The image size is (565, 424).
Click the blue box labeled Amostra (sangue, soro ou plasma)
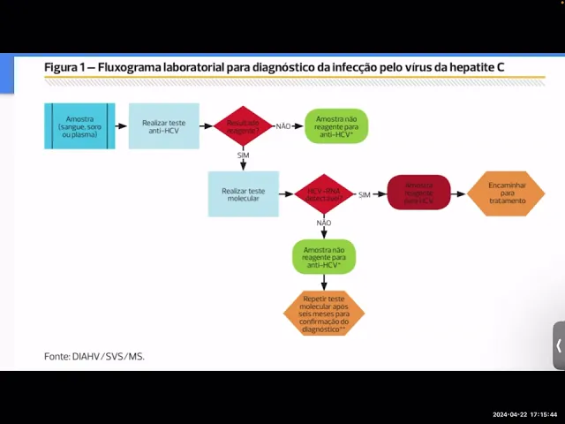pos(79,125)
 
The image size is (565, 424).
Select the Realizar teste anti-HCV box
pos(163,125)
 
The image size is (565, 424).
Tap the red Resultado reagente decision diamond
pos(243,125)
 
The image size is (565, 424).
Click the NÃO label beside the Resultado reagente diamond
pos(283,126)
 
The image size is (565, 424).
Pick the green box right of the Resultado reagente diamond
pos(336,126)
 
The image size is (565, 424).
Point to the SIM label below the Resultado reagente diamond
pos(244,155)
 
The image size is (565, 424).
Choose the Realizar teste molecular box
pos(243,193)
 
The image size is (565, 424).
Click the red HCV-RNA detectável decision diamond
pos(324,193)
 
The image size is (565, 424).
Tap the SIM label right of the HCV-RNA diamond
pos(365,194)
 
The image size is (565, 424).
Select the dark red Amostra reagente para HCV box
pos(418,193)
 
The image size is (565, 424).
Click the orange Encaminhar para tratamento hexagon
pos(506,193)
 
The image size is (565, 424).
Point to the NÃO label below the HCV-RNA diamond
pos(324,223)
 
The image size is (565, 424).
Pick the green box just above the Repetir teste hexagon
pos(324,257)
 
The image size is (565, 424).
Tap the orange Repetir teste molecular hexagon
pos(324,313)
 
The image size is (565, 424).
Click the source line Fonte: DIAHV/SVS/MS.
pos(94,356)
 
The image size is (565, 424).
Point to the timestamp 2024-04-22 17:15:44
pos(524,414)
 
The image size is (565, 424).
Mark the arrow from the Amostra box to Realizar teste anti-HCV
pos(122,125)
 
